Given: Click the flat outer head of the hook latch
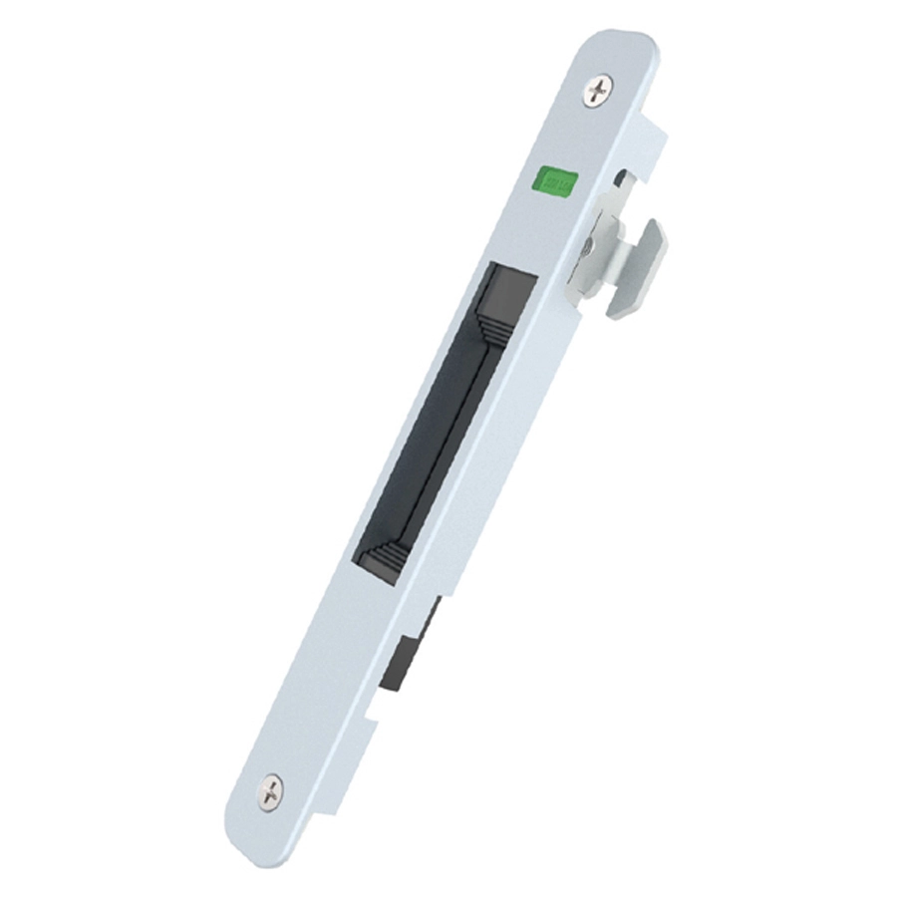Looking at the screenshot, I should click(x=638, y=267).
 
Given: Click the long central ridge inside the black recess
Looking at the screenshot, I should click(x=439, y=439).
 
